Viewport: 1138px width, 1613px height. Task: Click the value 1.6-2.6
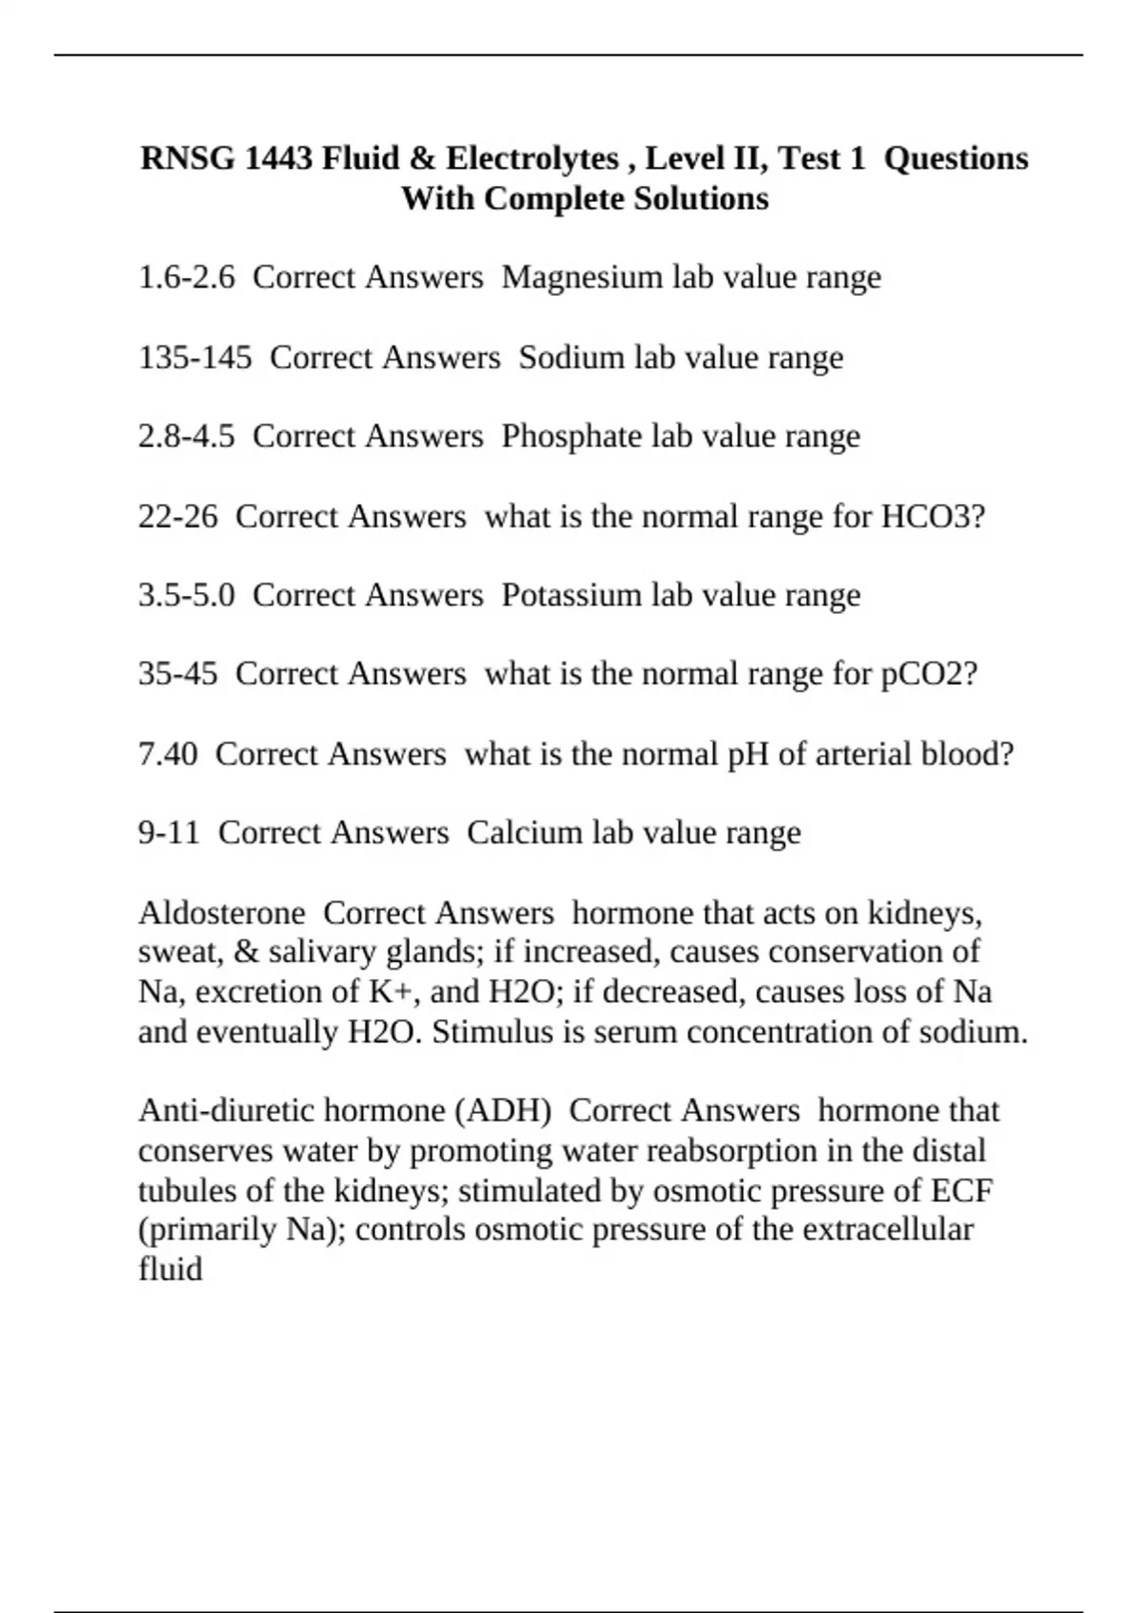(x=186, y=277)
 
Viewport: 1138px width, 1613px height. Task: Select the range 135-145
(x=194, y=358)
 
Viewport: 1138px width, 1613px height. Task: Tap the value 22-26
(x=177, y=517)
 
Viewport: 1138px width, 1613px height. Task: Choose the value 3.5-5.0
(x=186, y=595)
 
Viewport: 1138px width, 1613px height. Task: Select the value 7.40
(x=168, y=754)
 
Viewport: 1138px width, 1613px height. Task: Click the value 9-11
(x=169, y=833)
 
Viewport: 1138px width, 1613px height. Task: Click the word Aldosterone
(x=221, y=913)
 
